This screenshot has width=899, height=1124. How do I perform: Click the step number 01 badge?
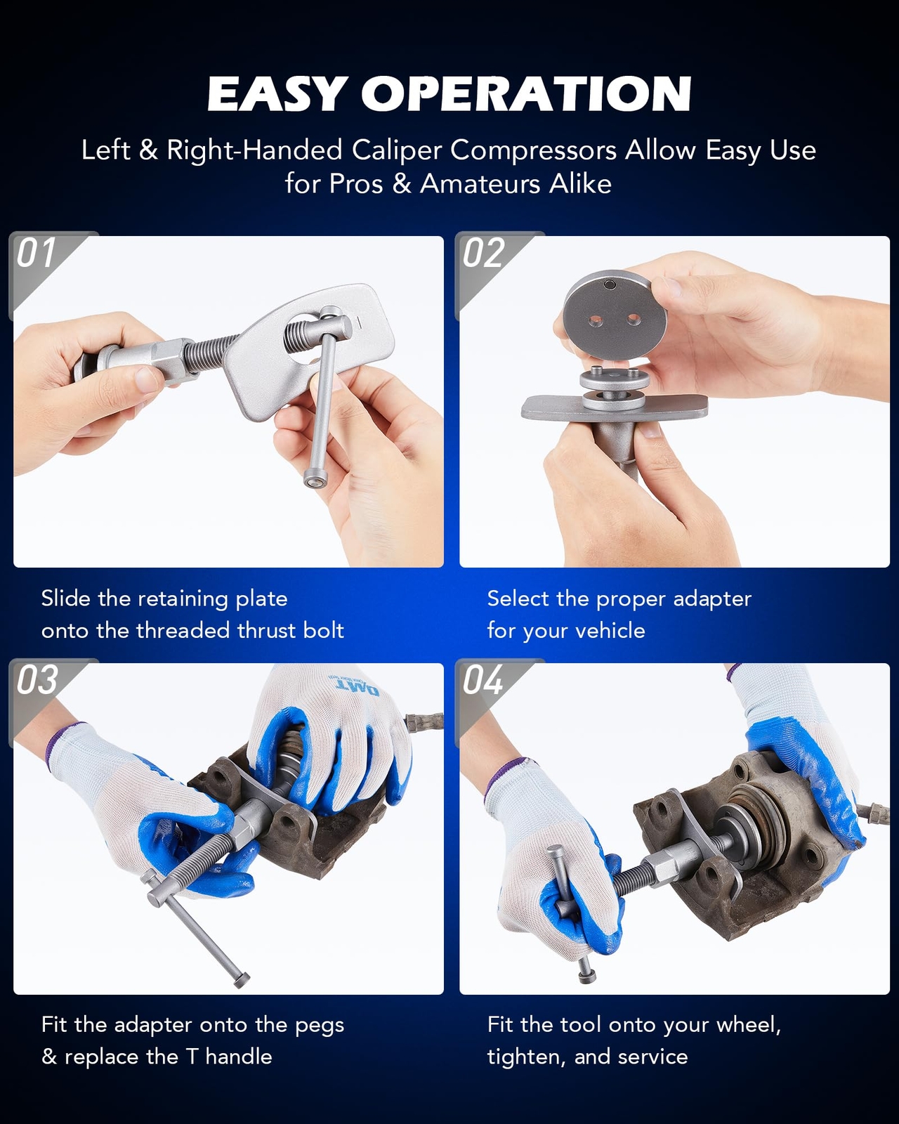tap(36, 253)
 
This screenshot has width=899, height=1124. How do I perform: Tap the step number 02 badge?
tap(483, 253)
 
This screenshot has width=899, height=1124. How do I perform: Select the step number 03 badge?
tap(37, 680)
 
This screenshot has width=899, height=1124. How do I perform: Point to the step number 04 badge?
tap(483, 680)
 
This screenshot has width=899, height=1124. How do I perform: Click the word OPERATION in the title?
tap(527, 93)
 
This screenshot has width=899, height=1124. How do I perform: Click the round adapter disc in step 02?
tap(615, 314)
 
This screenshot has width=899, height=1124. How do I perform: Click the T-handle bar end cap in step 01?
tap(315, 478)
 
